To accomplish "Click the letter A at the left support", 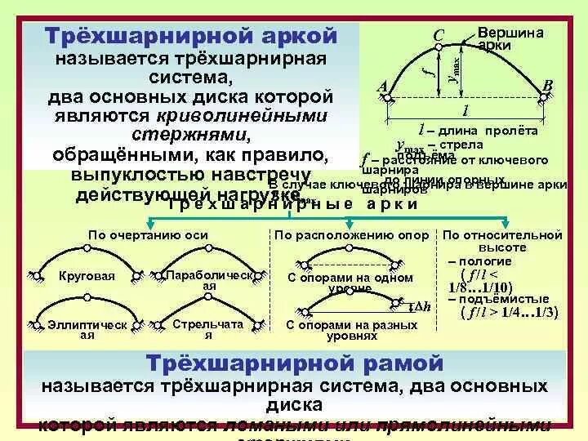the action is [381, 87].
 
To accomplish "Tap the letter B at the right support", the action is [548, 86].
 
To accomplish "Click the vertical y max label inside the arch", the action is [456, 64].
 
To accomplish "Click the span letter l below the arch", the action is [465, 110].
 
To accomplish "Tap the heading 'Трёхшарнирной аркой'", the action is [191, 36].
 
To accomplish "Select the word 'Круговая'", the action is [86, 278].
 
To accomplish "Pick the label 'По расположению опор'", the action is [351, 235].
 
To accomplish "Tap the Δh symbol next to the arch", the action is [422, 307].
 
